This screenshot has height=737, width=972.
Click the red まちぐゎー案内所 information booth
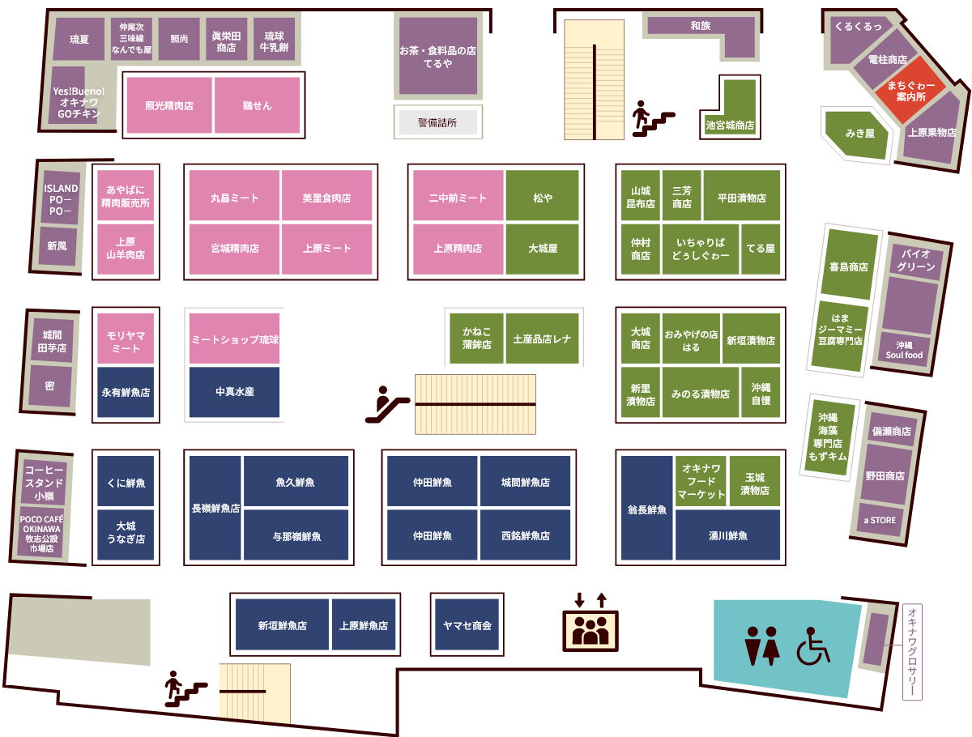pyautogui.click(x=910, y=90)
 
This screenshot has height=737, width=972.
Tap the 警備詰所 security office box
pyautogui.click(x=437, y=122)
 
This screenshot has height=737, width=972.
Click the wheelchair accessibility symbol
pyautogui.click(x=813, y=646)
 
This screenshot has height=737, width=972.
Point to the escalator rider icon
pyautogui.click(x=387, y=405)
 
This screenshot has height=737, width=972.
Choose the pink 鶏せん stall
pyautogui.click(x=258, y=105)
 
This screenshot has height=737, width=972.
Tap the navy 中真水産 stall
pyautogui.click(x=234, y=392)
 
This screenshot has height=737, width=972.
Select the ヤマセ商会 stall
pyautogui.click(x=467, y=624)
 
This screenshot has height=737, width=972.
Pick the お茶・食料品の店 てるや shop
pyautogui.click(x=438, y=56)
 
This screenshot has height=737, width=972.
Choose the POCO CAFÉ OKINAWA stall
pyautogui.click(x=41, y=533)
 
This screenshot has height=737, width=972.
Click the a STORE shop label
pyautogui.click(x=880, y=520)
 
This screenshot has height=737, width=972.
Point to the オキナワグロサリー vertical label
pyautogui.click(x=912, y=652)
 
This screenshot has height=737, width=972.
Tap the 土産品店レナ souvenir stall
pyautogui.click(x=542, y=339)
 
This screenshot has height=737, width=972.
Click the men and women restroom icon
pyautogui.click(x=761, y=645)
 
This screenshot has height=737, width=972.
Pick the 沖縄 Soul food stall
pyautogui.click(x=903, y=350)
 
